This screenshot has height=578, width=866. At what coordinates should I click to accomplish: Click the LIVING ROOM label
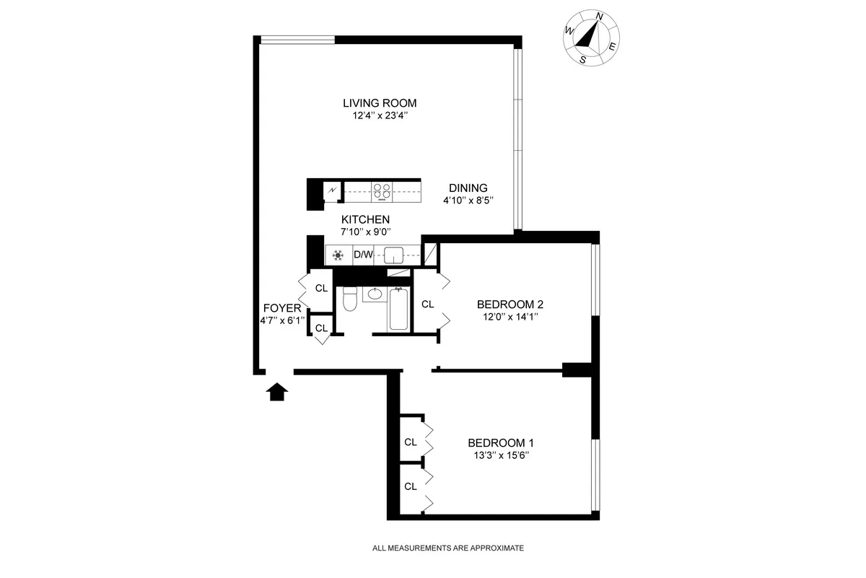pyautogui.click(x=380, y=102)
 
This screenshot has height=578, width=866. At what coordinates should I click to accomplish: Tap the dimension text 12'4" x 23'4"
pyautogui.click(x=380, y=115)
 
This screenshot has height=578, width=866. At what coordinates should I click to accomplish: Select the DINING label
pyautogui.click(x=468, y=188)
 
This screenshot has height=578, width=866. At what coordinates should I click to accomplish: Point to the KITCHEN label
pyautogui.click(x=366, y=219)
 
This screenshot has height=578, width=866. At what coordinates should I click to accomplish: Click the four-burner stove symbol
pyautogui.click(x=382, y=191)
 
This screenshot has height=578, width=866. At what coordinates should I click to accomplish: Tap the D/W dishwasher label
pyautogui.click(x=362, y=255)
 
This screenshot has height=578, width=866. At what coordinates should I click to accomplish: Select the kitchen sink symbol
pyautogui.click(x=394, y=255)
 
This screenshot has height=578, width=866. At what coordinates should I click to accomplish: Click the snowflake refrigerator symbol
pyautogui.click(x=337, y=255)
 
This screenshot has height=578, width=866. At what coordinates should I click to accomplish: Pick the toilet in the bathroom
pyautogui.click(x=349, y=299)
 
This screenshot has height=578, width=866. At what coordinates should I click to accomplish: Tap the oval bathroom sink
pyautogui.click(x=374, y=294)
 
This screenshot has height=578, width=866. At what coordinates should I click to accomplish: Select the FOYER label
pyautogui.click(x=281, y=308)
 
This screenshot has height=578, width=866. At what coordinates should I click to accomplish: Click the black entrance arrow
pyautogui.click(x=278, y=391)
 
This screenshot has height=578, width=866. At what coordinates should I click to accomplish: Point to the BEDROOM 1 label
pyautogui.click(x=501, y=442)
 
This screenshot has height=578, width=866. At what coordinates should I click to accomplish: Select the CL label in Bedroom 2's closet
pyautogui.click(x=427, y=304)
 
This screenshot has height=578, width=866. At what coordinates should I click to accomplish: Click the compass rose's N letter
pyautogui.click(x=599, y=16)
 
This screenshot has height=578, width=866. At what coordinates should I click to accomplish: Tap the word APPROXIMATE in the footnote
pyautogui.click(x=493, y=548)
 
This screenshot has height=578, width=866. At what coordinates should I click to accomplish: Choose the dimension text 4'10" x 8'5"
pyautogui.click(x=468, y=201)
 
